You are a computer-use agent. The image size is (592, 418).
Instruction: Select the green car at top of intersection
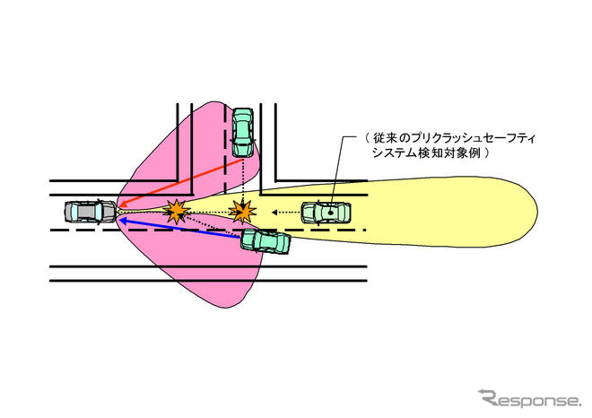(242, 131)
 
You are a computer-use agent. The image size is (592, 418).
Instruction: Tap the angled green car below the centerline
(266, 240)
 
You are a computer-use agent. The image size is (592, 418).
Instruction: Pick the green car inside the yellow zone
(326, 213)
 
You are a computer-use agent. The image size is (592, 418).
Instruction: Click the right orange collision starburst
(241, 212)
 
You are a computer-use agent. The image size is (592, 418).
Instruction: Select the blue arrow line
(179, 224)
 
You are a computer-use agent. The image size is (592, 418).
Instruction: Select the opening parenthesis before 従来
(369, 139)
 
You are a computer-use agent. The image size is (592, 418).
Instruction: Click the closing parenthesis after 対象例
(491, 154)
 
